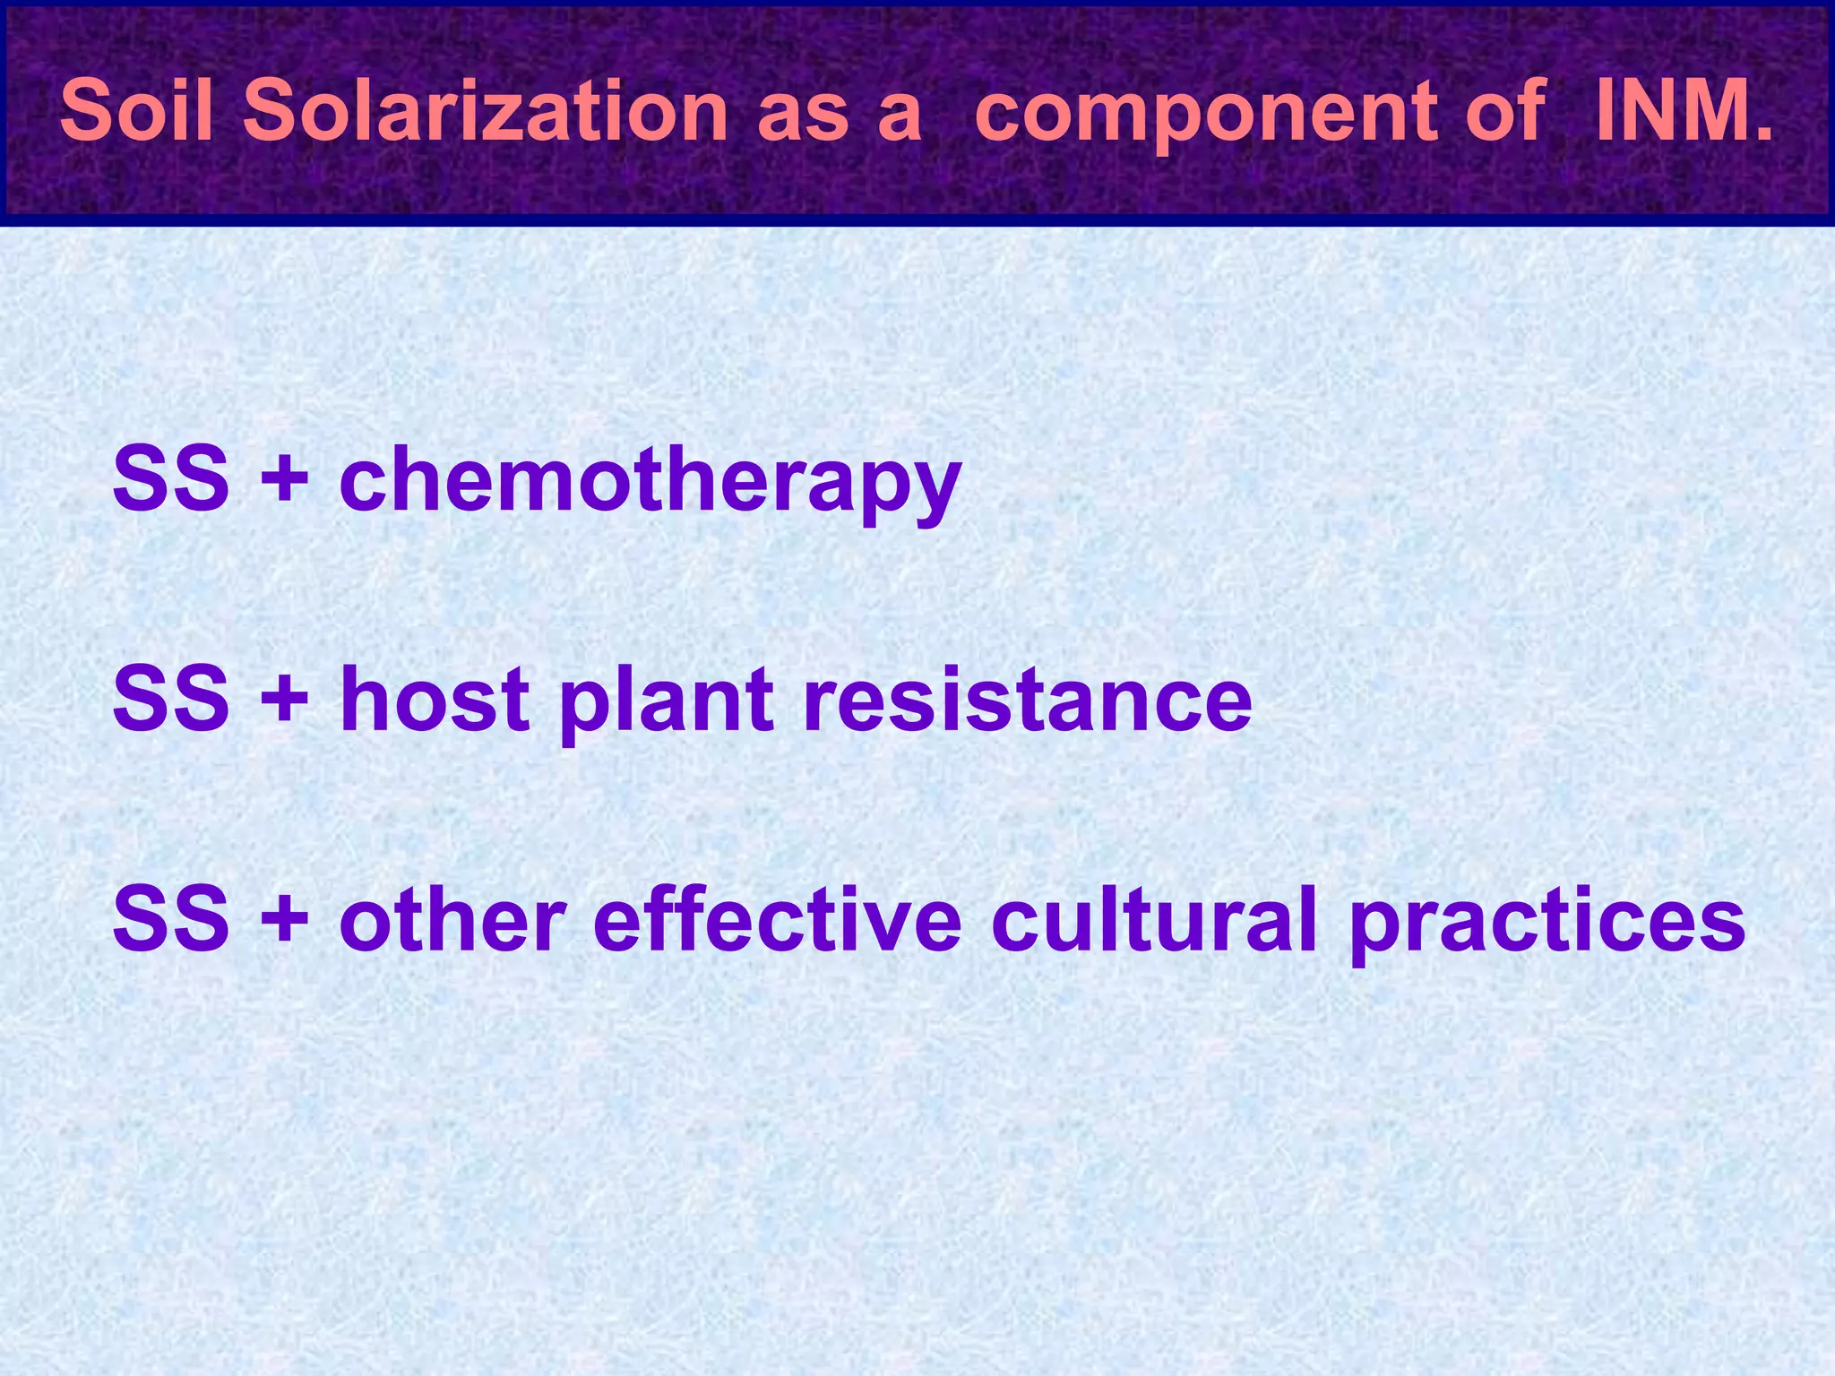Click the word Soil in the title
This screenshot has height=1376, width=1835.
tap(137, 111)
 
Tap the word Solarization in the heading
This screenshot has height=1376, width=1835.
tap(485, 111)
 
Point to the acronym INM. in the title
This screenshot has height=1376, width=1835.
tap(1684, 111)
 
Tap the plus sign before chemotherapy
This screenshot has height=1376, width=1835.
tap(284, 479)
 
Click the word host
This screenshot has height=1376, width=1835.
tap(435, 699)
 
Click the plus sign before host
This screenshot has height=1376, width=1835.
tap(284, 699)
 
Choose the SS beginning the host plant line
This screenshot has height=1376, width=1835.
tap(170, 699)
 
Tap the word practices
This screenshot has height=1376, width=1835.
tap(1546, 923)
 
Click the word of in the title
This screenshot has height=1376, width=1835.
tap(1505, 111)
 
